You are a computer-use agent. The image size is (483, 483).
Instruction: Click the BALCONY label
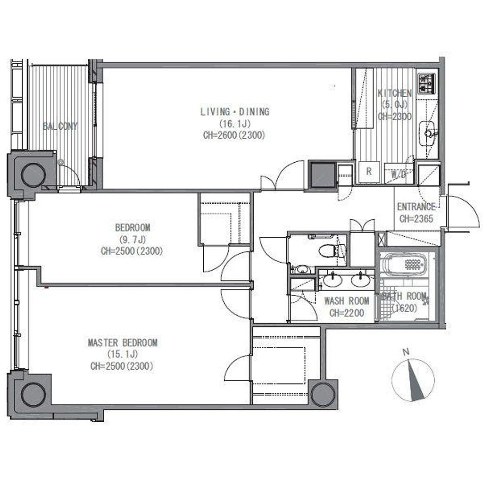tap(60, 126)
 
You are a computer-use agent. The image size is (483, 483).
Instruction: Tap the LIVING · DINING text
tap(235, 111)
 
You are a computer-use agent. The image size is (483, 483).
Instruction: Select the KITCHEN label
tap(395, 93)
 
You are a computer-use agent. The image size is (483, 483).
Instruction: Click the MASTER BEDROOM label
tap(123, 342)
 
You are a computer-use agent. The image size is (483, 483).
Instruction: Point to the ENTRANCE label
tap(416, 207)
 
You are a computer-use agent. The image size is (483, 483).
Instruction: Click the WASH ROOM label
tap(347, 300)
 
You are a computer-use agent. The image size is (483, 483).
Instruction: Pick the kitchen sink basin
tap(428, 133)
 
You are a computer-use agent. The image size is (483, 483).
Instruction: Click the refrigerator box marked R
tap(369, 172)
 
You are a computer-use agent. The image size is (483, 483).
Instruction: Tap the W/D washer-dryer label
tap(398, 175)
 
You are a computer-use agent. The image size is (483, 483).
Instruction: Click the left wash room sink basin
tap(333, 280)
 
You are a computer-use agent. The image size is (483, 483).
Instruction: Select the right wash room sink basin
tap(361, 280)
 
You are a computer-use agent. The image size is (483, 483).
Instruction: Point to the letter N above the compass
tap(406, 352)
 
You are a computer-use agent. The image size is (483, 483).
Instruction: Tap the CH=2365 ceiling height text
tap(416, 219)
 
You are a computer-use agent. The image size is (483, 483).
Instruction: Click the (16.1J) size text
tap(235, 124)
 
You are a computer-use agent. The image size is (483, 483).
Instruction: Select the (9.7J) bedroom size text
tap(132, 239)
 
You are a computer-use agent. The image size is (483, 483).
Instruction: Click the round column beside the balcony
tap(33, 175)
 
